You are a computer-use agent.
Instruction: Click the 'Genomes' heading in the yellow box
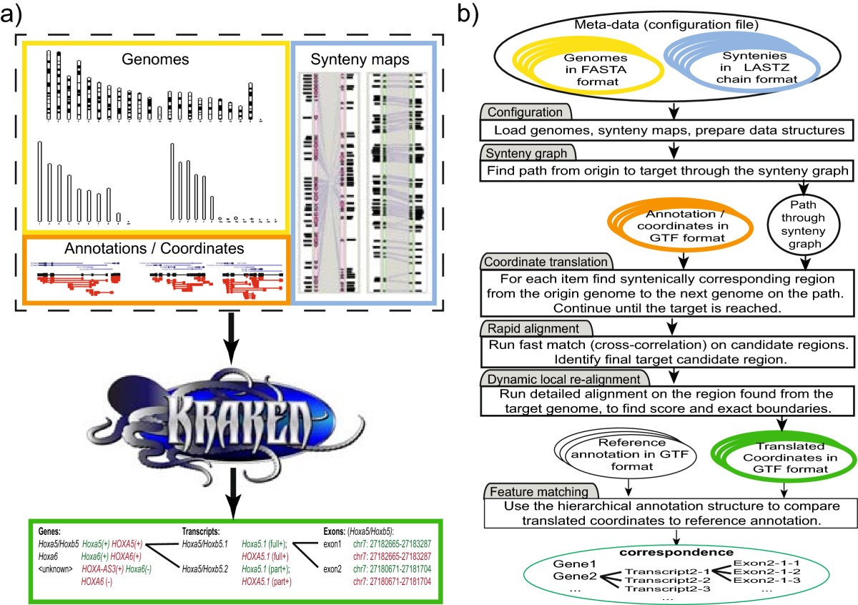[x=156, y=60]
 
